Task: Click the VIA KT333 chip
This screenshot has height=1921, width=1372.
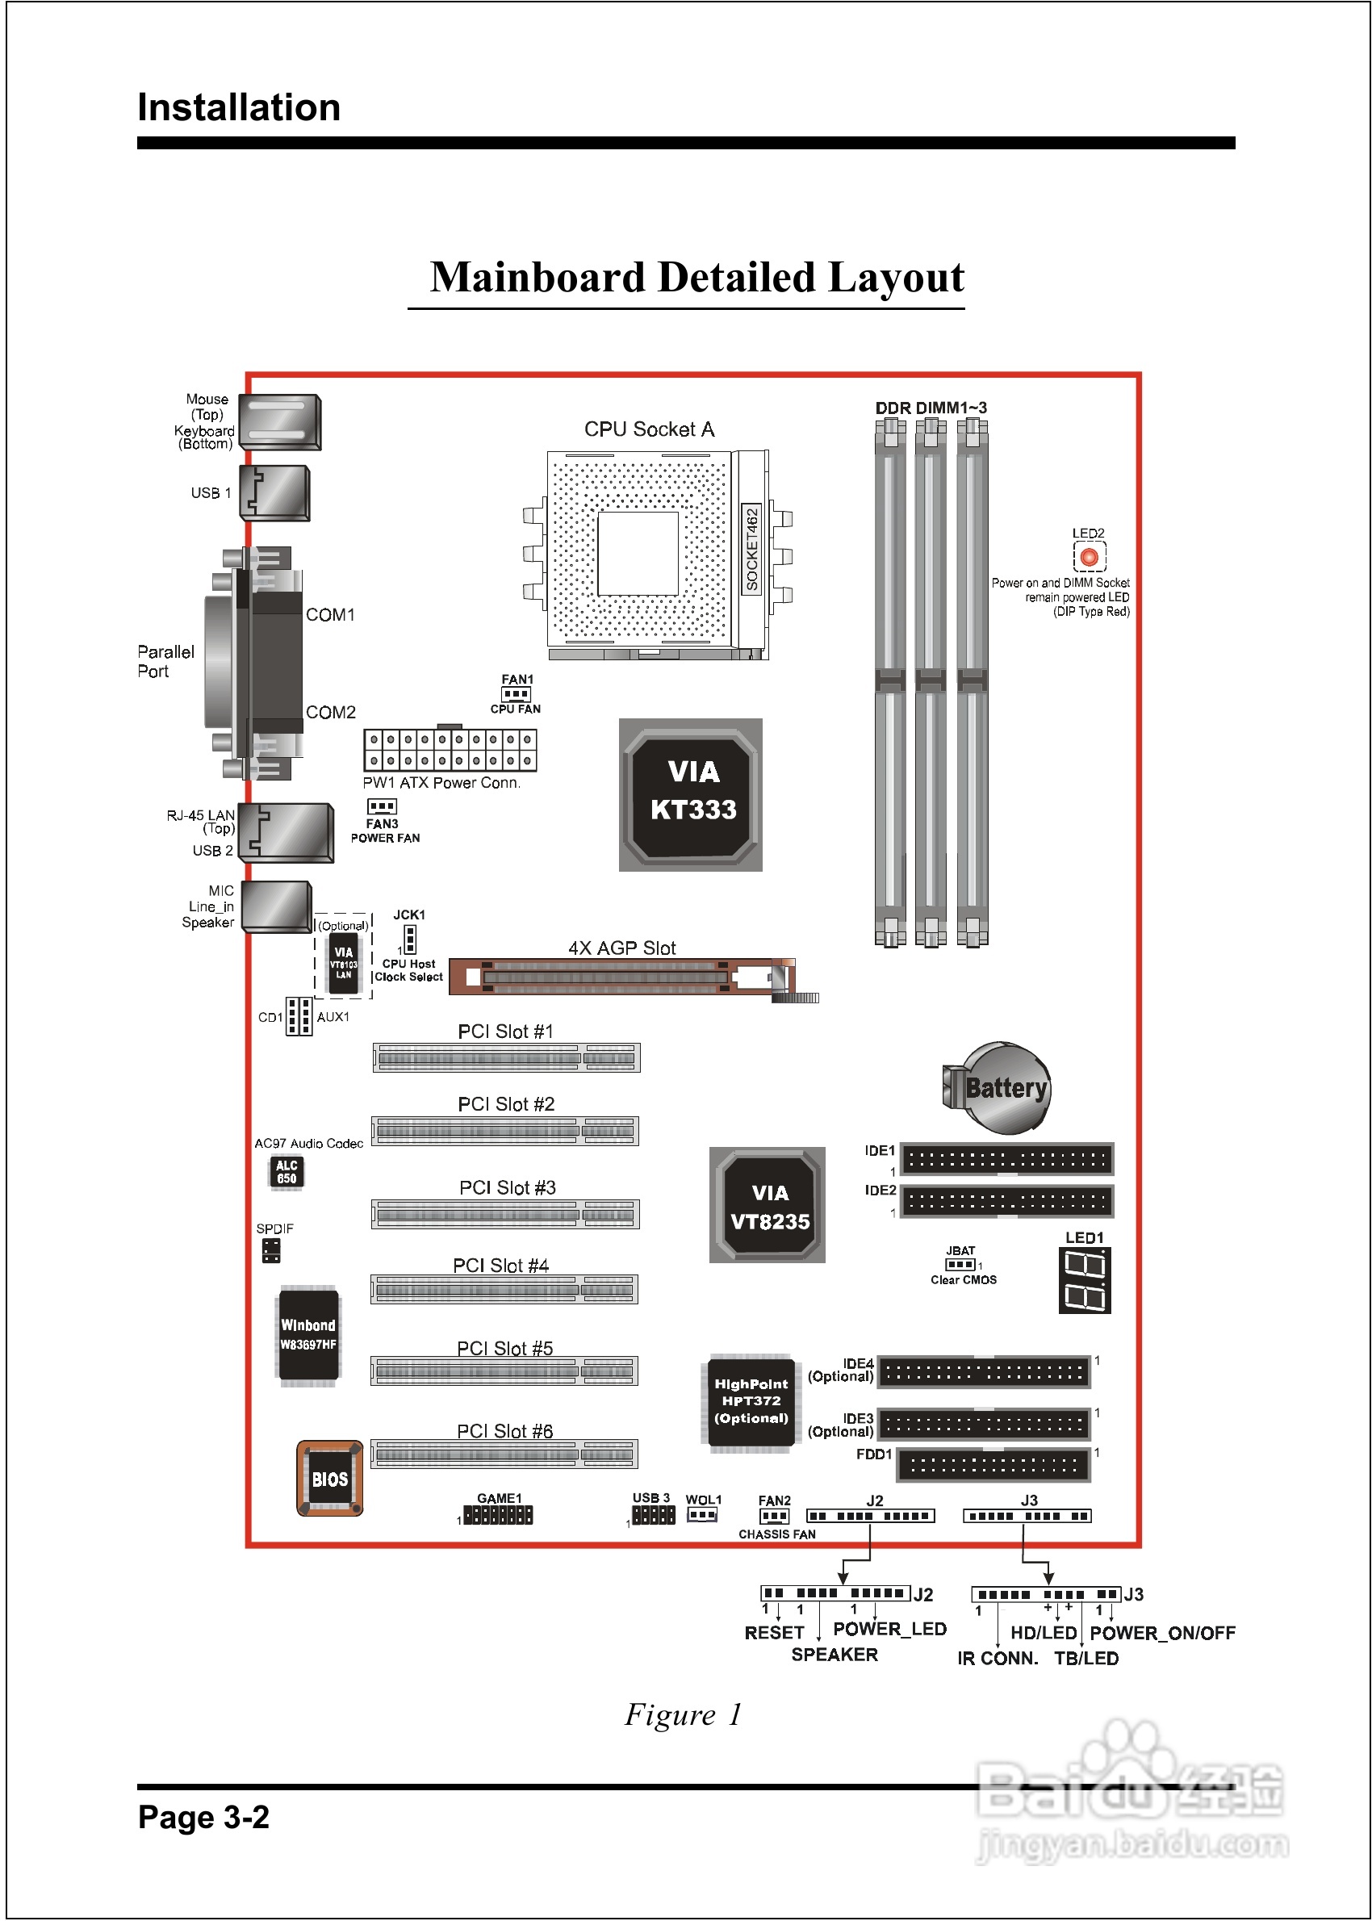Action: point(691,793)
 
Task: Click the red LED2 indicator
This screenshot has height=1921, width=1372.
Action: point(1089,557)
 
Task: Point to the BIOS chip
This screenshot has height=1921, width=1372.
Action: point(329,1479)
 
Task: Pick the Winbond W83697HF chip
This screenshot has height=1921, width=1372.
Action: point(308,1335)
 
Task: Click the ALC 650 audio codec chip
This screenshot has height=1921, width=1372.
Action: point(287,1172)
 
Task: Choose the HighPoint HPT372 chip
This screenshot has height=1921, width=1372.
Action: point(751,1401)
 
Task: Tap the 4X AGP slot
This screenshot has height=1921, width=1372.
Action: point(621,977)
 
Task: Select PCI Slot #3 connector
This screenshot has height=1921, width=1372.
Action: point(505,1214)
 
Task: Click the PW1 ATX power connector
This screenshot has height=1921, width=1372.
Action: point(450,749)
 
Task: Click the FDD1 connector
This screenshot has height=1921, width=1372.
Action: point(993,1465)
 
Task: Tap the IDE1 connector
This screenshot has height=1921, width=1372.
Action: point(1007,1159)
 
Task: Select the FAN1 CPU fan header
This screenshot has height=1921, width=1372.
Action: point(516,694)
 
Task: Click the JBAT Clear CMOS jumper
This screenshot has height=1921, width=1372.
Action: point(960,1265)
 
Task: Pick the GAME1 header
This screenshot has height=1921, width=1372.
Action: point(499,1515)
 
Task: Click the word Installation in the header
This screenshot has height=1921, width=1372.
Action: point(239,107)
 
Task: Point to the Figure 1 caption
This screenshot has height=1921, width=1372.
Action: point(683,1714)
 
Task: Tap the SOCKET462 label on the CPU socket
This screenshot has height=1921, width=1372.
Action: point(751,548)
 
